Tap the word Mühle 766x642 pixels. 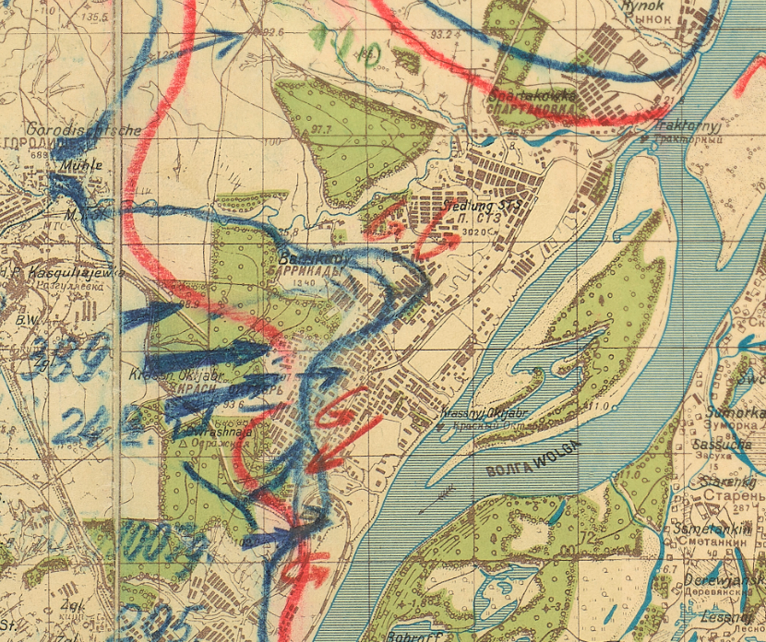(79, 167)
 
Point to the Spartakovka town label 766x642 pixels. (533, 96)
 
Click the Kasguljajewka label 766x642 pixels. (55, 274)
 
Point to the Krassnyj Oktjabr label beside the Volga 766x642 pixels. (477, 413)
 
